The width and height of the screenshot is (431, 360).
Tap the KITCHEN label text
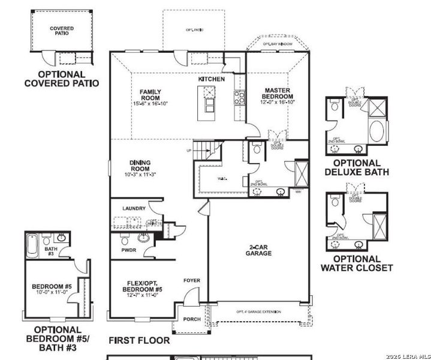click(x=212, y=79)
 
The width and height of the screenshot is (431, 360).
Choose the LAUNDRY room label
click(x=134, y=208)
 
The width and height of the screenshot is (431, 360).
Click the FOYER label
click(x=192, y=280)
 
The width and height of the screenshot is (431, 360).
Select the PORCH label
click(x=192, y=319)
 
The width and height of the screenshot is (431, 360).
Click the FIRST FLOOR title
click(x=139, y=340)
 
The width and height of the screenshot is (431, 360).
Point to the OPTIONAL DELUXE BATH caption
click(x=357, y=167)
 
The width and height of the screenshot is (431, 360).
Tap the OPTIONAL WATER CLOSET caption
click(x=357, y=263)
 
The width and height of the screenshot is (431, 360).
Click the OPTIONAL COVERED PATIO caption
click(x=62, y=79)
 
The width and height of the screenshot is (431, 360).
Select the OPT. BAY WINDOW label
click(x=278, y=44)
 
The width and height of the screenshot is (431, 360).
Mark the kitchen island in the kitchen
click(x=209, y=99)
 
